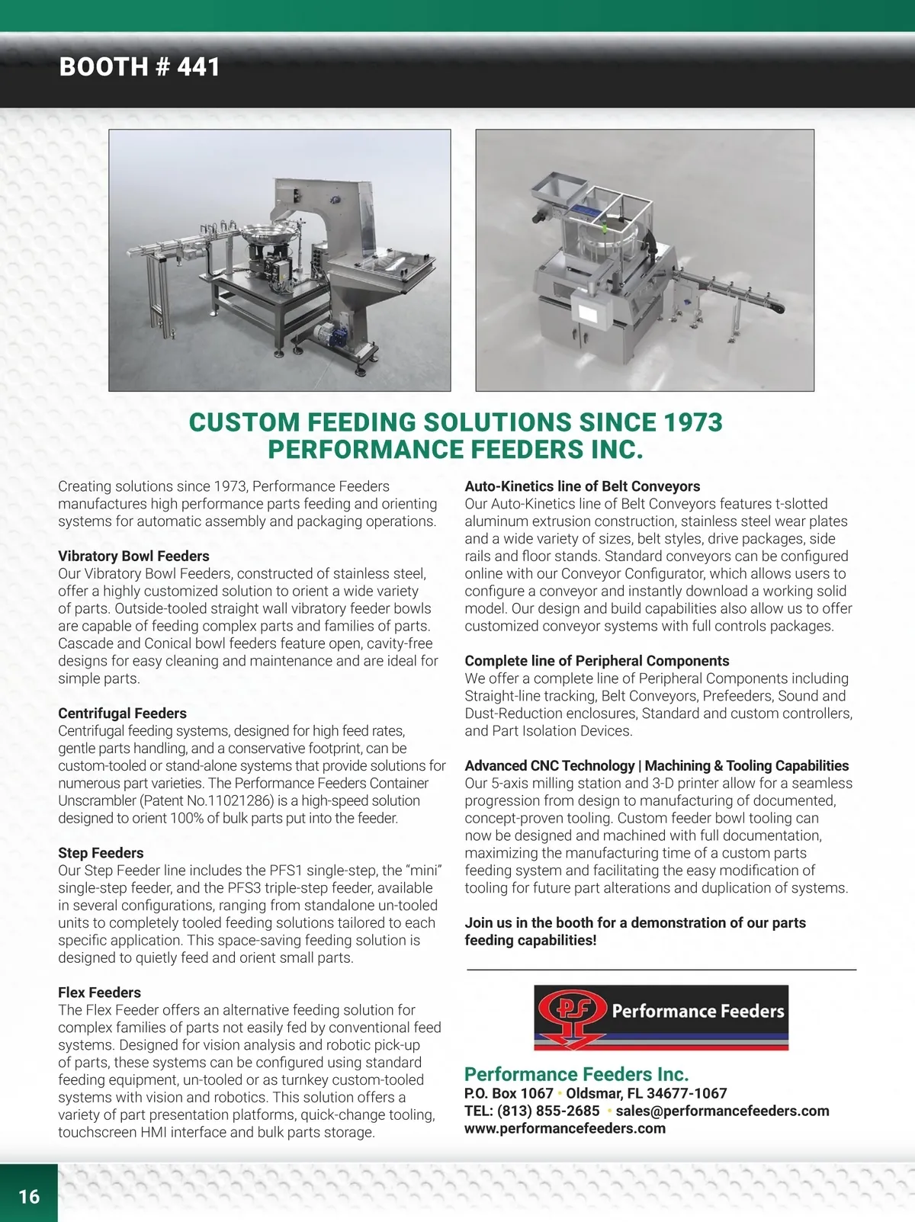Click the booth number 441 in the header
pos(198,67)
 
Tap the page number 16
pos(29,1196)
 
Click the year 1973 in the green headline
pos(692,422)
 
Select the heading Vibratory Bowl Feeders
pos(133,556)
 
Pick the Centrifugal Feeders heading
pos(122,714)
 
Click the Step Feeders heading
pos(101,853)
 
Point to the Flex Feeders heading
pos(99,993)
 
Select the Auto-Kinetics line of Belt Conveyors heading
pos(582,486)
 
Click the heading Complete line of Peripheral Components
pos(596,661)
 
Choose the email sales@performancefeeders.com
pos(722,1111)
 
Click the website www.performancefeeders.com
pos(564,1128)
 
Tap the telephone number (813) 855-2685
pos(548,1111)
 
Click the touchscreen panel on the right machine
pos(589,313)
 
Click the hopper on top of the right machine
pos(557,187)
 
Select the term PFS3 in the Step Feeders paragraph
pos(247,888)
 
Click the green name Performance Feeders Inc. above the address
pos(576,1074)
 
